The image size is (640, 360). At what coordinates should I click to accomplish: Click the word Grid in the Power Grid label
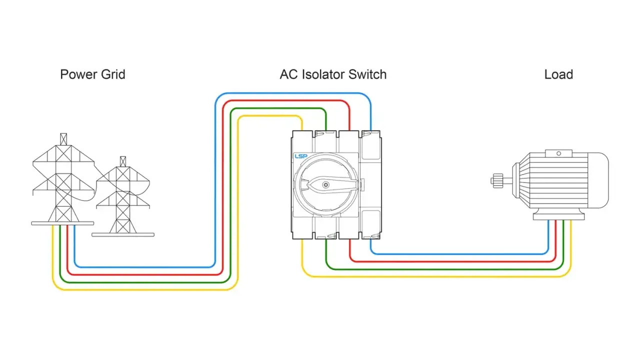(x=113, y=74)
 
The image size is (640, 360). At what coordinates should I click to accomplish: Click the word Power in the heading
(x=79, y=74)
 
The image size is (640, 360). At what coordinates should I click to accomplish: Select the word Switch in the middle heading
(x=367, y=74)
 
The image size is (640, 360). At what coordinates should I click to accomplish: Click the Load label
(x=558, y=74)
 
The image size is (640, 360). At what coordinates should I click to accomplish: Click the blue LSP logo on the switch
(x=301, y=156)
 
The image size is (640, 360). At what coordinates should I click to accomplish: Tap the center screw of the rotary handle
(x=325, y=185)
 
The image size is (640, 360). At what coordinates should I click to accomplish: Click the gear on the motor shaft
(x=497, y=181)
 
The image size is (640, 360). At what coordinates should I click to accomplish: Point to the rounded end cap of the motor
(x=598, y=180)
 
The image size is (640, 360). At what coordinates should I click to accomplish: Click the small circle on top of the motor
(x=558, y=153)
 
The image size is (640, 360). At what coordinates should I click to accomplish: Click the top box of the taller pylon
(x=63, y=139)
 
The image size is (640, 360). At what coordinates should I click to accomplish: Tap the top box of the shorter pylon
(x=123, y=161)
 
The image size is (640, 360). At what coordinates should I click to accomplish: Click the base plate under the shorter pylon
(x=123, y=235)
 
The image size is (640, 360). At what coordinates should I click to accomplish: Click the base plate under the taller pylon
(x=62, y=223)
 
